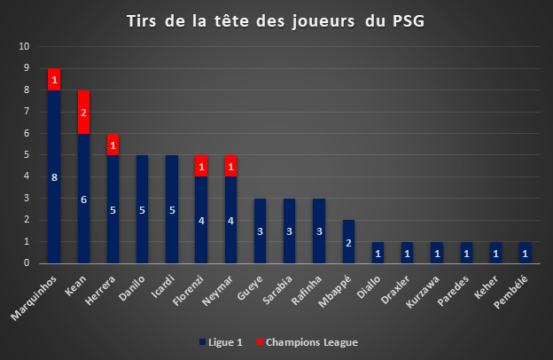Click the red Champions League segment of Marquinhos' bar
coord(54,80)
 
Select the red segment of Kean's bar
coord(83,113)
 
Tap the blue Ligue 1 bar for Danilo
coord(142,209)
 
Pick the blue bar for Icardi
coord(172,209)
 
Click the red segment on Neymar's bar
coord(230,166)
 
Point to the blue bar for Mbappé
coord(348,242)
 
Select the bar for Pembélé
coord(525,253)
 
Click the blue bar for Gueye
coord(260,231)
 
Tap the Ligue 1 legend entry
coord(222,342)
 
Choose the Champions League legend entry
coord(308,342)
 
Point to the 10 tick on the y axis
coord(24,46)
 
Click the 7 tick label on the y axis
coord(27,112)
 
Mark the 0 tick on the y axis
coord(27,263)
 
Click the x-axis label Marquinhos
coord(34,298)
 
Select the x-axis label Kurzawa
coord(423,292)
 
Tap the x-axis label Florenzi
coord(188,291)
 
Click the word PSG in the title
coord(409,21)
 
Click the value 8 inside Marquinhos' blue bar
coord(54,177)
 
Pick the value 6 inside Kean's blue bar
coord(83,200)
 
